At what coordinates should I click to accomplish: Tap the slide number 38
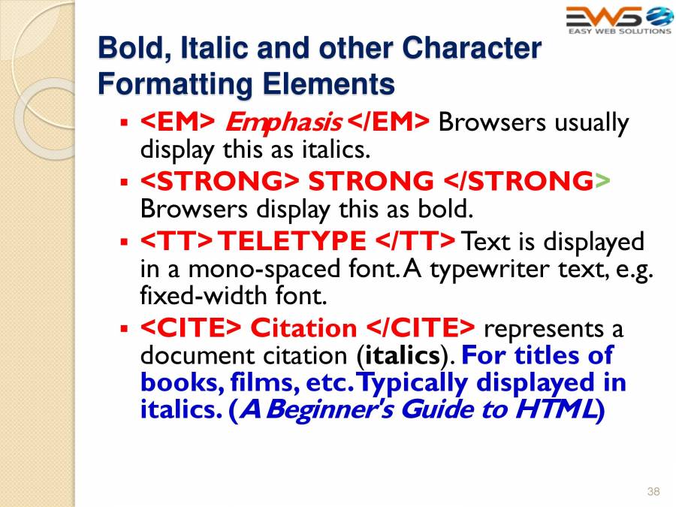[x=653, y=491]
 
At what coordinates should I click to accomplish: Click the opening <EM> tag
[x=179, y=122]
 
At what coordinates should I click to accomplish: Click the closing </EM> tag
[x=390, y=122]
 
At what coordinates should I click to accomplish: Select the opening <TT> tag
[x=177, y=241]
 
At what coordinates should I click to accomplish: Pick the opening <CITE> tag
[x=191, y=328]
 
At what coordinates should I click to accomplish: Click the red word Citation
[x=303, y=328]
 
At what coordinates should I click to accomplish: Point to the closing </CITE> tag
[x=421, y=328]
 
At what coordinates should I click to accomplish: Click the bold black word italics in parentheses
[x=402, y=355]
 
